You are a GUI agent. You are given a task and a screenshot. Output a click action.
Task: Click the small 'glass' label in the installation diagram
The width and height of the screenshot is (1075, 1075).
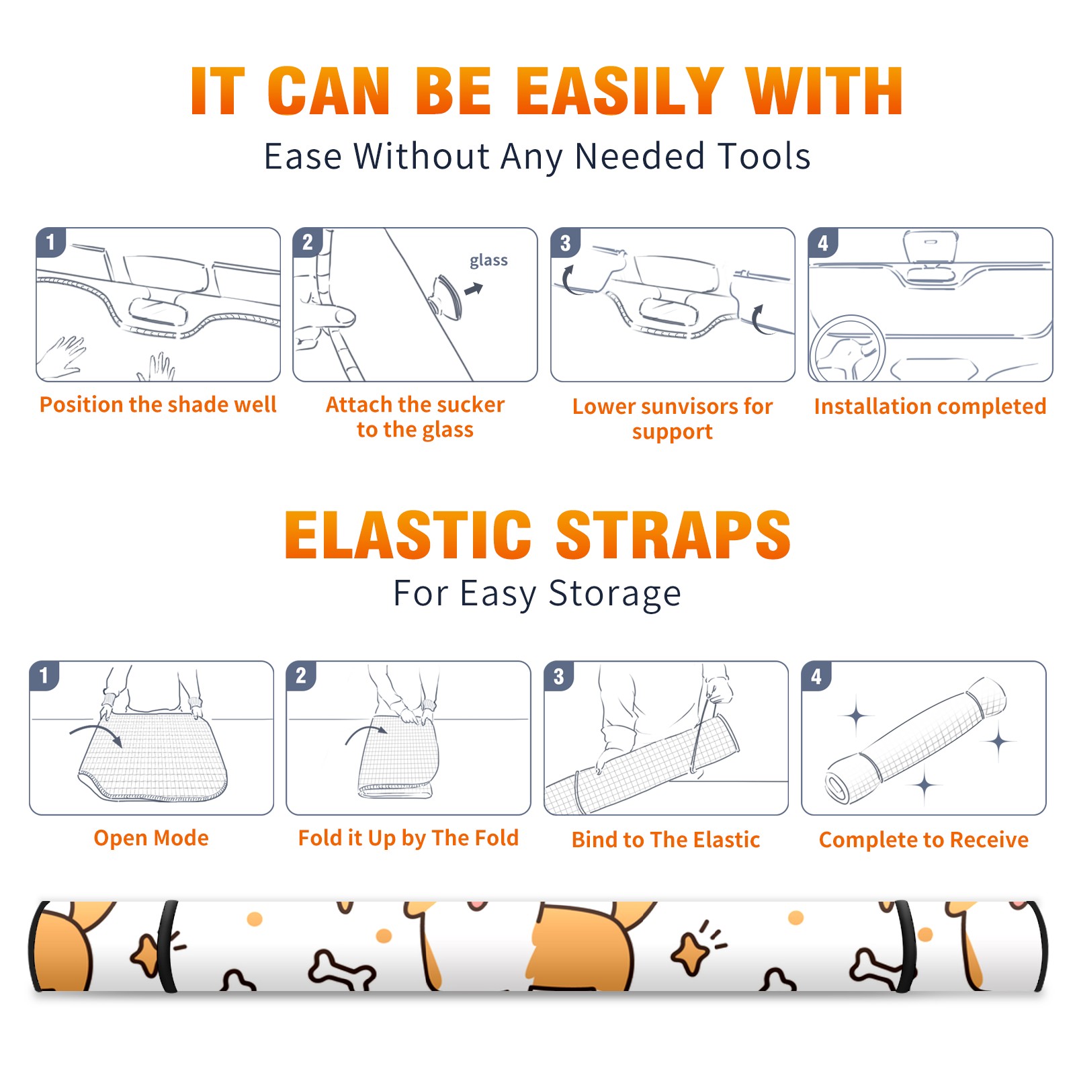pyautogui.click(x=488, y=261)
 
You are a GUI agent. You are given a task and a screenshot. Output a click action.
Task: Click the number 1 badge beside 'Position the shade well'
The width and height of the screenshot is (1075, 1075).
pyautogui.click(x=50, y=242)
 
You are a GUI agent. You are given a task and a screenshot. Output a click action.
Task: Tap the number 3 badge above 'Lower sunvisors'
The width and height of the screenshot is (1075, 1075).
pyautogui.click(x=565, y=243)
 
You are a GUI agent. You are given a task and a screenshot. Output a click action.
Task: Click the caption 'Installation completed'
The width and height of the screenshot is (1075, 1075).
pyautogui.click(x=930, y=406)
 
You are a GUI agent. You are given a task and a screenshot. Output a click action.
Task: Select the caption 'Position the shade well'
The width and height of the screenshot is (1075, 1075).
pyautogui.click(x=158, y=404)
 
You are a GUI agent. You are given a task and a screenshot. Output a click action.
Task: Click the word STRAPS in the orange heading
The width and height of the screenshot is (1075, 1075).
pyautogui.click(x=673, y=535)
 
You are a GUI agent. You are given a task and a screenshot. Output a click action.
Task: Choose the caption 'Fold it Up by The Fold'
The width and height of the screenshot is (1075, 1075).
pyautogui.click(x=408, y=838)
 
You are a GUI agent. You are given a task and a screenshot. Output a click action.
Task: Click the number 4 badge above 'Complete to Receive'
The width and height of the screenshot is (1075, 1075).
pyautogui.click(x=816, y=676)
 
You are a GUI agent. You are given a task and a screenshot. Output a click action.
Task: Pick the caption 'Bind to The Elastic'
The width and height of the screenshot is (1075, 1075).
pyautogui.click(x=666, y=840)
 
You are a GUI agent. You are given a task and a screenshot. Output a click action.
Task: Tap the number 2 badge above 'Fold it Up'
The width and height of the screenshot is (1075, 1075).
pyautogui.click(x=301, y=675)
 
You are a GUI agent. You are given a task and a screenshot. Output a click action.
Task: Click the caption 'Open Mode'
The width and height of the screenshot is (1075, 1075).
pyautogui.click(x=151, y=838)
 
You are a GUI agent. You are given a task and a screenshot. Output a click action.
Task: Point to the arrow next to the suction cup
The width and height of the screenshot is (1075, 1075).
pyautogui.click(x=474, y=289)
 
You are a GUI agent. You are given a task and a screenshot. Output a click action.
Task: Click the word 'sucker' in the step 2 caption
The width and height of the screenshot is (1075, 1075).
pyautogui.click(x=471, y=404)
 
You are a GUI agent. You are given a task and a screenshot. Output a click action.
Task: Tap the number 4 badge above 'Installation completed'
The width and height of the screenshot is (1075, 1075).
pyautogui.click(x=823, y=243)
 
